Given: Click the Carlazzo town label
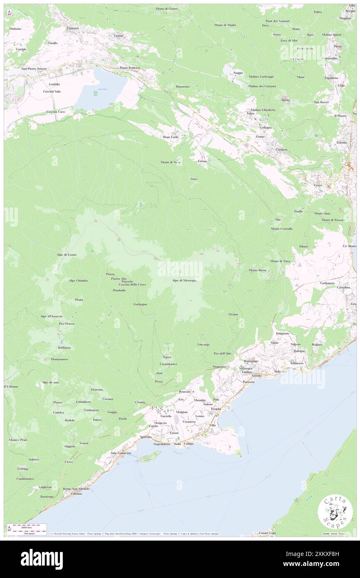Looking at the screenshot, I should point(73,28).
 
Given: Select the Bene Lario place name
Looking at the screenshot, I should point(170,137).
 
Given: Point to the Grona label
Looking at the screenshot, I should point(202,161).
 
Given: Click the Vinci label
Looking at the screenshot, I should point(194,179).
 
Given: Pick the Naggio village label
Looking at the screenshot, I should point(238,73).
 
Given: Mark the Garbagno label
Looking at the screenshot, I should point(140,304).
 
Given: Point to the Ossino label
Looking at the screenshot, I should point(233,314).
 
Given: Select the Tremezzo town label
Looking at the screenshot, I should point(297,363).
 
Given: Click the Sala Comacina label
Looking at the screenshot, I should point(121,453).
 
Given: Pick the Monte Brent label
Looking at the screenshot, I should point(257,270).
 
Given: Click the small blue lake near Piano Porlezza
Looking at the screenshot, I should point(100,88).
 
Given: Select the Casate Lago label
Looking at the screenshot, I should point(267,533).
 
